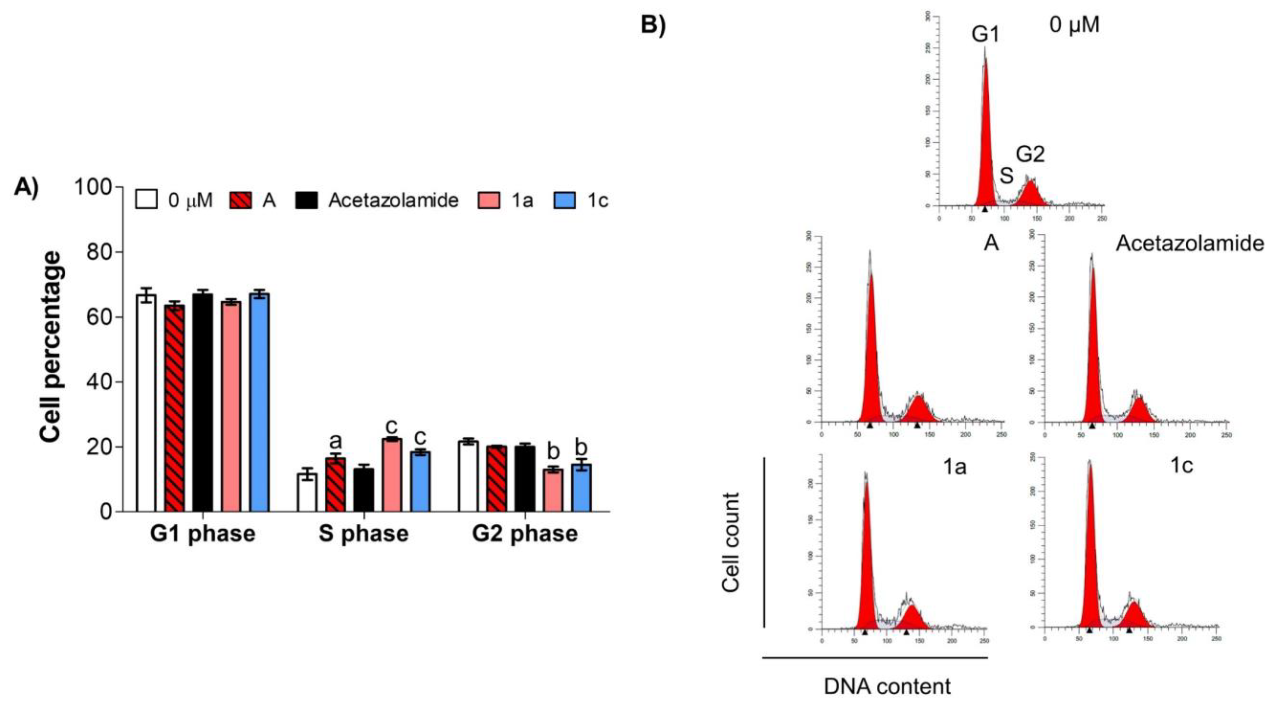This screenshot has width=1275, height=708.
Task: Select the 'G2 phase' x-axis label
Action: (525, 533)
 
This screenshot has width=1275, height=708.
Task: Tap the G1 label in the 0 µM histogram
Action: (985, 35)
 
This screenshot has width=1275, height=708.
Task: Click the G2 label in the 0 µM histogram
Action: (1030, 155)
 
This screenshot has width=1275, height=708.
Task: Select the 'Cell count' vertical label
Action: (730, 542)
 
